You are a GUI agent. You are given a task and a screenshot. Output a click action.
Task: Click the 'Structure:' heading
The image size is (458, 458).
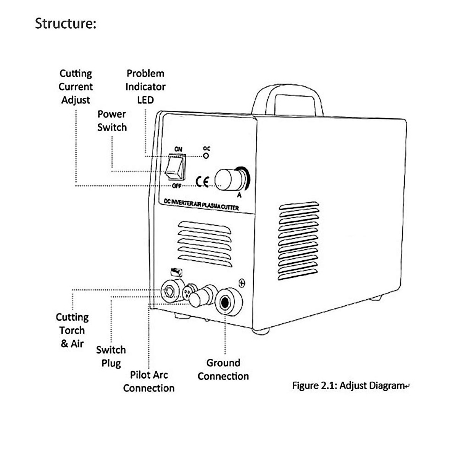[65, 23]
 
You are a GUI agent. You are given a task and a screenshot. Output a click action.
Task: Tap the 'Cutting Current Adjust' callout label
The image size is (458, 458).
[76, 87]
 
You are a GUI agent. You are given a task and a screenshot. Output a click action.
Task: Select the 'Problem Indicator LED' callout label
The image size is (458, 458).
[145, 87]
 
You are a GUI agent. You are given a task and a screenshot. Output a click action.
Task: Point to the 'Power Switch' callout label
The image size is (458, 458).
[111, 121]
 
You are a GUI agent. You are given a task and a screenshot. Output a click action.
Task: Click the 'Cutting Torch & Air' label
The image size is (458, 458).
[72, 331]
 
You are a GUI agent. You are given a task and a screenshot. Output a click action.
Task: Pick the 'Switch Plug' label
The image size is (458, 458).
[111, 356]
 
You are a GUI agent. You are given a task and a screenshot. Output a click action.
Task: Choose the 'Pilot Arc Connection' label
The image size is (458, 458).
[149, 381]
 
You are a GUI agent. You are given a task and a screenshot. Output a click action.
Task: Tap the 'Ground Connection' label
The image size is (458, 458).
[223, 369]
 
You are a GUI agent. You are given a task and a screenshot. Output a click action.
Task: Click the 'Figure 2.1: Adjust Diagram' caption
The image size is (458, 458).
[348, 385]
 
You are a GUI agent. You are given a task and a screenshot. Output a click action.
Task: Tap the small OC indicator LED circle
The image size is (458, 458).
[206, 155]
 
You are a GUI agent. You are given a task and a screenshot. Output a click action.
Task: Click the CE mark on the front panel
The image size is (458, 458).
[202, 182]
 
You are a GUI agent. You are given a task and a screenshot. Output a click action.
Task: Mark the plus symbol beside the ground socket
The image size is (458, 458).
[242, 283]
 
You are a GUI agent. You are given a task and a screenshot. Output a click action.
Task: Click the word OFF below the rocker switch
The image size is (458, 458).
[176, 186]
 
